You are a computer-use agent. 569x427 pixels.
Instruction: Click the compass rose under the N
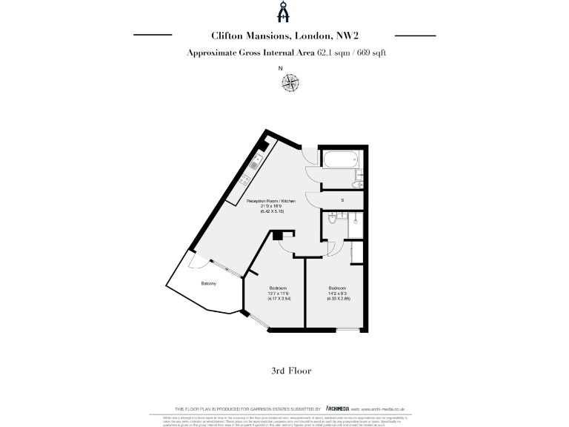point(290,83)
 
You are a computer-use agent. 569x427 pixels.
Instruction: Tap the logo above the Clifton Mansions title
point(284,13)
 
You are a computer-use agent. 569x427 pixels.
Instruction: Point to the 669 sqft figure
point(370,53)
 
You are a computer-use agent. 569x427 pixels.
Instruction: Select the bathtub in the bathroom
point(339,158)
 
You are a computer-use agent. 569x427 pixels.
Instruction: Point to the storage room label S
point(342,200)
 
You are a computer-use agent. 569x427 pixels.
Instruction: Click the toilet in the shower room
point(335,217)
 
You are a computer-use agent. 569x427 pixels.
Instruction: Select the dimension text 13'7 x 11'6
point(277,293)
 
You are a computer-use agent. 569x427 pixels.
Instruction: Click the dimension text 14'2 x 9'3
point(337,293)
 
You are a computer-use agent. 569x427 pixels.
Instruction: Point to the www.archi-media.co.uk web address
point(386,408)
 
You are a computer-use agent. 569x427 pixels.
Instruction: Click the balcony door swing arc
point(197,263)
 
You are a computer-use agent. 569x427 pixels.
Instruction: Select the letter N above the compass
point(280,69)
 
